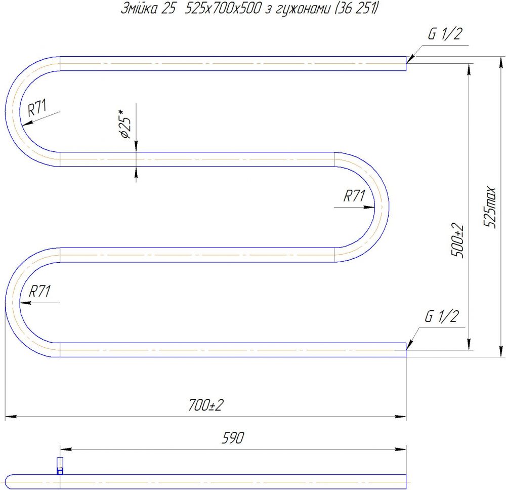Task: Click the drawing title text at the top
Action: (249, 9)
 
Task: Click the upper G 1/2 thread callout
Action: (445, 34)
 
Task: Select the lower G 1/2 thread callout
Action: (441, 316)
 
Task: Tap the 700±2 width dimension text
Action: (206, 405)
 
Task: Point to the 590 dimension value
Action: (233, 438)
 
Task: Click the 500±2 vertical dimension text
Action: (457, 240)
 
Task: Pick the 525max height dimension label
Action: (489, 207)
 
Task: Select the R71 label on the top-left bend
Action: (37, 108)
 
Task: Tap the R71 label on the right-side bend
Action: (354, 196)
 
